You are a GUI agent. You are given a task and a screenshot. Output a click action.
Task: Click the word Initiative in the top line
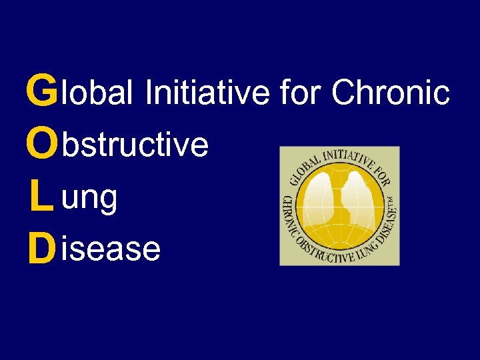[x=207, y=93]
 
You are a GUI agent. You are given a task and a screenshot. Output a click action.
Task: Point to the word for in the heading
[x=301, y=93]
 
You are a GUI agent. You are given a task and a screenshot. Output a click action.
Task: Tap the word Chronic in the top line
[x=391, y=93]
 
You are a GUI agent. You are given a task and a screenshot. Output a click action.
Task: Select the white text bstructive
[x=134, y=144]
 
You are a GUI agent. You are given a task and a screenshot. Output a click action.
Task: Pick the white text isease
[x=110, y=249]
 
